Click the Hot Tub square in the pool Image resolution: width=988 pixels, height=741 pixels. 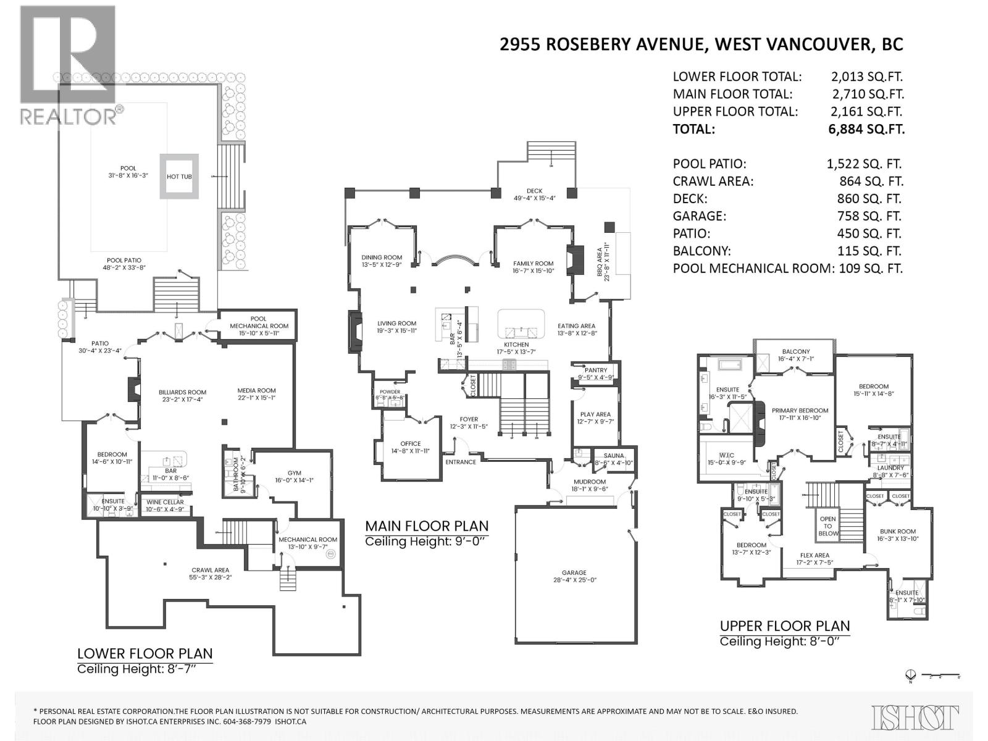179,177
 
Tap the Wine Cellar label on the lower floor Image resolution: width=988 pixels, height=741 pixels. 165,502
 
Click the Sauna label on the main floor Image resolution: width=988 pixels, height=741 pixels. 614,456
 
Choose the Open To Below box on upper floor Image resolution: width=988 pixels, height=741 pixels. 829,525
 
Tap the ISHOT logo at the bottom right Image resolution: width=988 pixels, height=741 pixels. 915,718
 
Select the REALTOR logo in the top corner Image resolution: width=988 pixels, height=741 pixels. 67,65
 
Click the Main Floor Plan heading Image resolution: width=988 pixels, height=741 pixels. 427,526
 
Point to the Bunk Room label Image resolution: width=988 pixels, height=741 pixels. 897,531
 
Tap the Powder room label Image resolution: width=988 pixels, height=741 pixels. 390,391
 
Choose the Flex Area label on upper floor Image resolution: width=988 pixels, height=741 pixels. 814,555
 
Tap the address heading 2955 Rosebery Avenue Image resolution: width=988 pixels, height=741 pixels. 701,44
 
